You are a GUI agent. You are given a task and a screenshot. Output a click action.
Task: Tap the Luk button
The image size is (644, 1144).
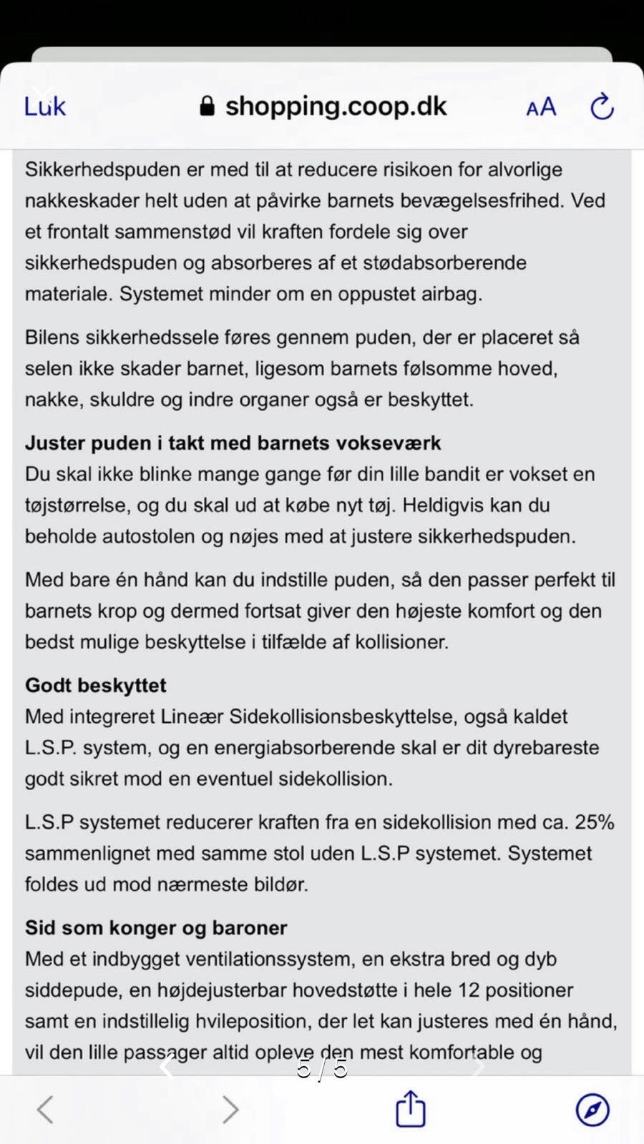(44, 107)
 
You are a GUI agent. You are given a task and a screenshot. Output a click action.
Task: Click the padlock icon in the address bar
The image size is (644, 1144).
(207, 107)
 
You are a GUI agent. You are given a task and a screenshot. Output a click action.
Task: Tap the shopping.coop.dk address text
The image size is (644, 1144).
(336, 107)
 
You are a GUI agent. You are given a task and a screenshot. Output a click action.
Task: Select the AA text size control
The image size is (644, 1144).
(541, 107)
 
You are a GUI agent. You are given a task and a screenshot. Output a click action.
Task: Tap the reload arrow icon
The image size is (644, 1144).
(602, 107)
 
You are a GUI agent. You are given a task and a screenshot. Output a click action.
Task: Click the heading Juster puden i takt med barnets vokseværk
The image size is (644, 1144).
(233, 443)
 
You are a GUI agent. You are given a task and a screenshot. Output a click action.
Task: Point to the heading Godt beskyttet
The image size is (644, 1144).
(95, 686)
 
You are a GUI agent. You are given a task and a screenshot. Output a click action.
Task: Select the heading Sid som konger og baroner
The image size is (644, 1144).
(155, 928)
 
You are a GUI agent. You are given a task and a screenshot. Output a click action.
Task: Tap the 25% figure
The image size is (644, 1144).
(594, 822)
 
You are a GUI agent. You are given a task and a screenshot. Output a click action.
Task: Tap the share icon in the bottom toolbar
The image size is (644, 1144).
(411, 1109)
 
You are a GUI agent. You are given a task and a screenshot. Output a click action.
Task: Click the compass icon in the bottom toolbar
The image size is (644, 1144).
(592, 1110)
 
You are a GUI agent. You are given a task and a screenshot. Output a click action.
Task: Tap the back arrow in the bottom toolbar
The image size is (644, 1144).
(45, 1110)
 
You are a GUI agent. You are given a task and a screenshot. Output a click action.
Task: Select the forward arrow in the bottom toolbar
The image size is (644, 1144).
(230, 1110)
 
